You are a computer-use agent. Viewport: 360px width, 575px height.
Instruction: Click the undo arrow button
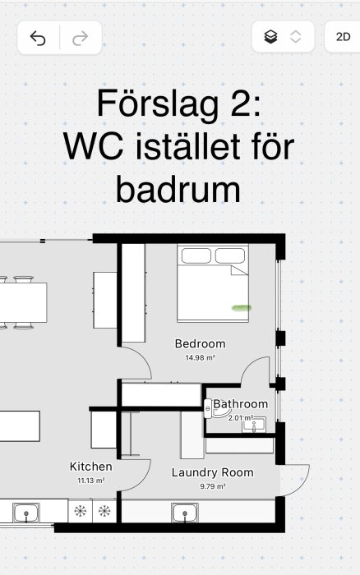pos(38,38)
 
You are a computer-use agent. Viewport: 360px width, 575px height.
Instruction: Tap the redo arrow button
pos(81,38)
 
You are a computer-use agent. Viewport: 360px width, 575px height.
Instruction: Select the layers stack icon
pos(271,37)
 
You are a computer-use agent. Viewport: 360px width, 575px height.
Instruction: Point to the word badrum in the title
pos(178,190)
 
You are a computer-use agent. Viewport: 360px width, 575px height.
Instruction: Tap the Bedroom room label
pos(200,344)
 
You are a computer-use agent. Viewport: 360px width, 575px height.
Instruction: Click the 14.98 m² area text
pos(200,357)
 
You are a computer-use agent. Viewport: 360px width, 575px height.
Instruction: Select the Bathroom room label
pos(240,404)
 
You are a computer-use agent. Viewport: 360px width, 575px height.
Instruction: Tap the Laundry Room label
pos(213,472)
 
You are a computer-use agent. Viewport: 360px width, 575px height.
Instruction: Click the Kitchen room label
pos(90,467)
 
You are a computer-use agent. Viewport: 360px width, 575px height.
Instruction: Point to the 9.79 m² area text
pos(213,486)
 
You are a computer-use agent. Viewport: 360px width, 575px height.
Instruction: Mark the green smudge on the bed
pos(242,308)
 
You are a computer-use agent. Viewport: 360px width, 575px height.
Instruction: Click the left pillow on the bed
pos(196,256)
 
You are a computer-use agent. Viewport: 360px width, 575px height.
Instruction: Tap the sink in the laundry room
pos(185,513)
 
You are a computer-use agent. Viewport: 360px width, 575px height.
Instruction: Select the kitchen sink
pos(26,513)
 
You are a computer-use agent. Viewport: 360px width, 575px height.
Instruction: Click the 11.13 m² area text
pos(91,481)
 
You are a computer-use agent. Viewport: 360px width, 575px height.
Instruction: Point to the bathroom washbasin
pos(254,425)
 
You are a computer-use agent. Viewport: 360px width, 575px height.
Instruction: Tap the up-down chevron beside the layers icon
pos(295,37)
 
